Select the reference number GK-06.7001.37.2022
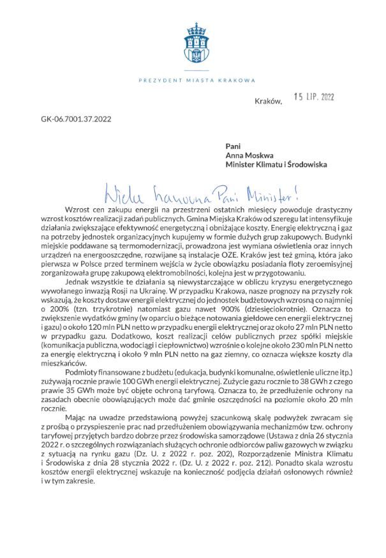75,118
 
